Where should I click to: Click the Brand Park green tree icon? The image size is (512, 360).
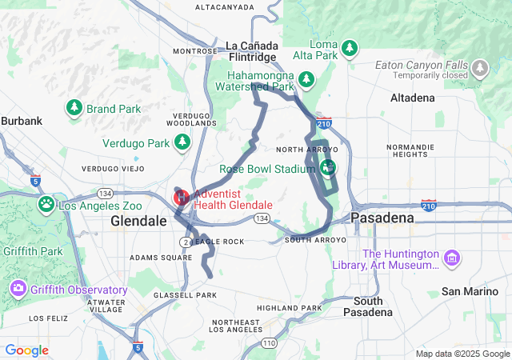74,107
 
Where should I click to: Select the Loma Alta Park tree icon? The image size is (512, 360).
349,49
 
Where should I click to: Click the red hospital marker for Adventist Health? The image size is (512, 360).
182,197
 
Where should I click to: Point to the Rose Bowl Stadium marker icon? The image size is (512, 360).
327,168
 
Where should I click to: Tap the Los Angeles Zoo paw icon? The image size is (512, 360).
47,206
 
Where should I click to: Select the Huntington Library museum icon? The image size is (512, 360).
453,258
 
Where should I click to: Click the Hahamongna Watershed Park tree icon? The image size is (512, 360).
306,79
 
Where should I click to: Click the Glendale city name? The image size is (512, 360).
138,220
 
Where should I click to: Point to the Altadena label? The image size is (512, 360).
412,98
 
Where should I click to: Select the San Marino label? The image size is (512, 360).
472,291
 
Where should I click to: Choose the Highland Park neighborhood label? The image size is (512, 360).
289,308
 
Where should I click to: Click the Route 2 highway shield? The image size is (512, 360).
186,241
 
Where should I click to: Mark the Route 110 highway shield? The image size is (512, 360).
268,342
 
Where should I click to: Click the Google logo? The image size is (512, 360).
27,350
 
